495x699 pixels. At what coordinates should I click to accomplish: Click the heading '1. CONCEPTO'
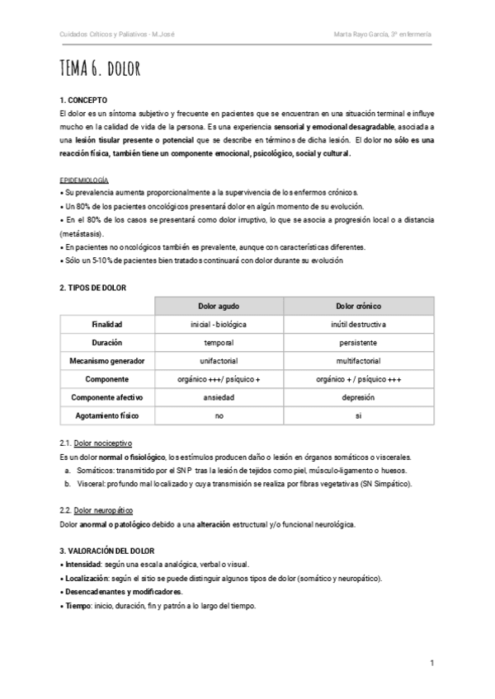(84, 99)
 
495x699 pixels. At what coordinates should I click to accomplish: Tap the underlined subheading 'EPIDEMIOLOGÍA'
(84, 180)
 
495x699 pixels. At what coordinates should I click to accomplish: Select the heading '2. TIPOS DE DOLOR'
(93, 287)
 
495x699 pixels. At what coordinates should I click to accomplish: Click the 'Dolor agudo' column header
(219, 305)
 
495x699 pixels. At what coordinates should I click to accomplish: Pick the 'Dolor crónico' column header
(357, 305)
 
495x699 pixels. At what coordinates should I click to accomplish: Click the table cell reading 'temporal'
(219, 342)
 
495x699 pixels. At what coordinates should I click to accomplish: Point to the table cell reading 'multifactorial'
(357, 360)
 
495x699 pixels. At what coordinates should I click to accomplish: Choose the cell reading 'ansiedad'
(219, 397)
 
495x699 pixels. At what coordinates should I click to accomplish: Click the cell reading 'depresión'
(357, 397)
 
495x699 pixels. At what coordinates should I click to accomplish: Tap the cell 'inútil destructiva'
(357, 324)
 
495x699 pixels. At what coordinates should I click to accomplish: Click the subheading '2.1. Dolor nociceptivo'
(96, 443)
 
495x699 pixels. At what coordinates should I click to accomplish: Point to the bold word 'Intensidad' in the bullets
(83, 565)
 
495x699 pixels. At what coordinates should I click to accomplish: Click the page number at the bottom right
(432, 664)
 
